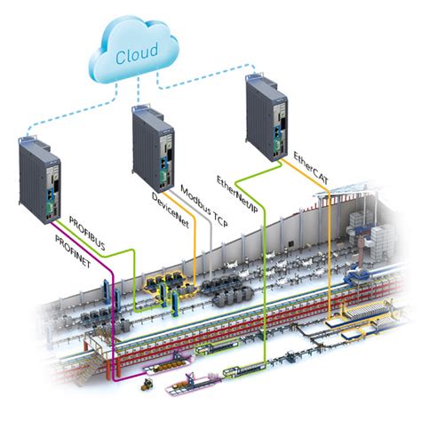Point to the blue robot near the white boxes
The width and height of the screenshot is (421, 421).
pos(359,274)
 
